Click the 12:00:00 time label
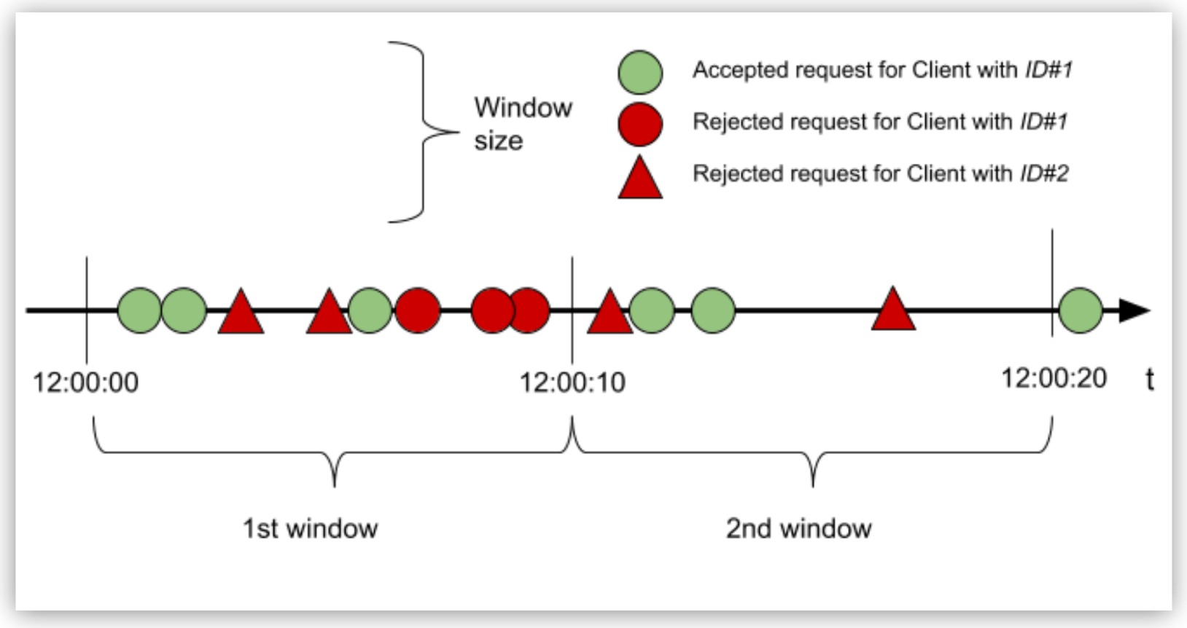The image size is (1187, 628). click(x=85, y=382)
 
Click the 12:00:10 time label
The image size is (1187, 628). click(x=572, y=382)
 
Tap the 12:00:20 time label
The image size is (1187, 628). click(x=1054, y=378)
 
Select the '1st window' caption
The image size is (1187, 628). click(x=310, y=528)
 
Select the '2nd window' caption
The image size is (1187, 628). click(x=798, y=528)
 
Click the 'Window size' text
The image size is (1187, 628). click(x=522, y=123)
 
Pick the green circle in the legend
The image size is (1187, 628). click(x=640, y=72)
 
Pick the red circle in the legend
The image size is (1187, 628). click(x=640, y=124)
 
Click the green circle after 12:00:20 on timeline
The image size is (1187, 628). click(x=1080, y=310)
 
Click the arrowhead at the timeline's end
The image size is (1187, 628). click(x=1134, y=310)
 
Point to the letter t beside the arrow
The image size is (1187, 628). click(x=1150, y=380)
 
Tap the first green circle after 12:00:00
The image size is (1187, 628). click(x=139, y=310)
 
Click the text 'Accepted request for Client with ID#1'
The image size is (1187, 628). click(x=882, y=70)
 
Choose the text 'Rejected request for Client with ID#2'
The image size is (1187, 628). click(x=880, y=173)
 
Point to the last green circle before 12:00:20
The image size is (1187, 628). click(x=712, y=310)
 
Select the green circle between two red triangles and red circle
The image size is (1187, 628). click(x=370, y=310)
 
